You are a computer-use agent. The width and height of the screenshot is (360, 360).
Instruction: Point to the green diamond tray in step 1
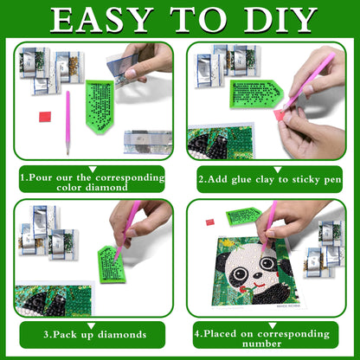pyautogui.click(x=106, y=105)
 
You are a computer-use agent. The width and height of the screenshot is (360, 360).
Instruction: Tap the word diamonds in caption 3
pyautogui.click(x=115, y=333)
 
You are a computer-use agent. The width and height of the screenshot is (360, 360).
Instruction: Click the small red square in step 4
pyautogui.click(x=210, y=222)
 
